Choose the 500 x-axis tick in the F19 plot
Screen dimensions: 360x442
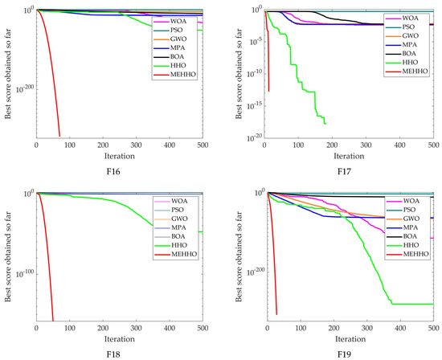(432, 328)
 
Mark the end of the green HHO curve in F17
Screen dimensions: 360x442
(325, 124)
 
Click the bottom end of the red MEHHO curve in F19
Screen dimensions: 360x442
(276, 314)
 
